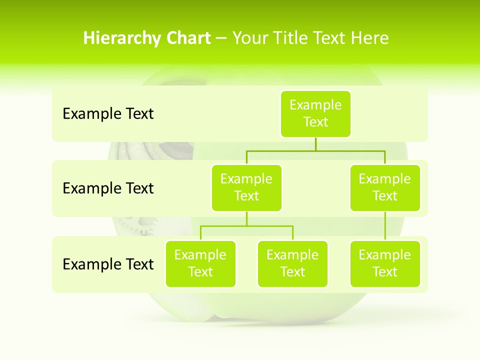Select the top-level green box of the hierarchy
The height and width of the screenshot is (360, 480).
315,114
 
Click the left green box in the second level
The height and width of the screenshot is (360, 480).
246,188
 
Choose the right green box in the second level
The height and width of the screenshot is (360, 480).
385,188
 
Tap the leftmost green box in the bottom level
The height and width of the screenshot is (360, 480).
200,264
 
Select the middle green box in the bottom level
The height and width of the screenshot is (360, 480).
292,264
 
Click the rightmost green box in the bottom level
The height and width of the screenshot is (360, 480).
385,264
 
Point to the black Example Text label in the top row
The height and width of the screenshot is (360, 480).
108,114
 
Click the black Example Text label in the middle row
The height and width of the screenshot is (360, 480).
108,188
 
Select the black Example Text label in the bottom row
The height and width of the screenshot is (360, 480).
108,264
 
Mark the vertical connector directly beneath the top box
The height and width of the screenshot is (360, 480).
315,144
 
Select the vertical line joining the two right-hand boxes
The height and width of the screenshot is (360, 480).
385,226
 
